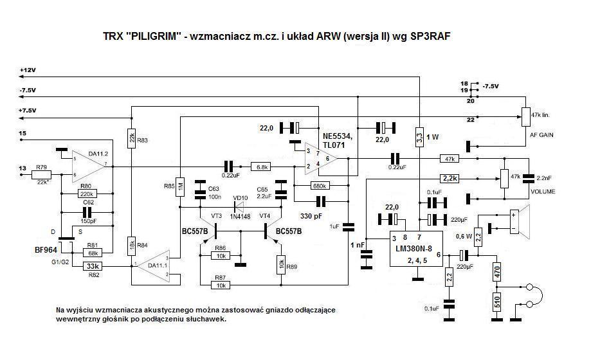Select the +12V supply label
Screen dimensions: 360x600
point(29,69)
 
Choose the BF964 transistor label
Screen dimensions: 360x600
point(46,248)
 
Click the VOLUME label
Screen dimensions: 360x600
point(543,192)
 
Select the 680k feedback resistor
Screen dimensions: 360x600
point(318,186)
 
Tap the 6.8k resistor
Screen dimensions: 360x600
point(262,166)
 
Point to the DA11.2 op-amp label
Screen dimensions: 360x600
point(97,154)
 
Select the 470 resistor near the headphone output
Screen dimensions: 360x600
point(497,272)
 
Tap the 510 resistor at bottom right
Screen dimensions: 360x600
point(497,302)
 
